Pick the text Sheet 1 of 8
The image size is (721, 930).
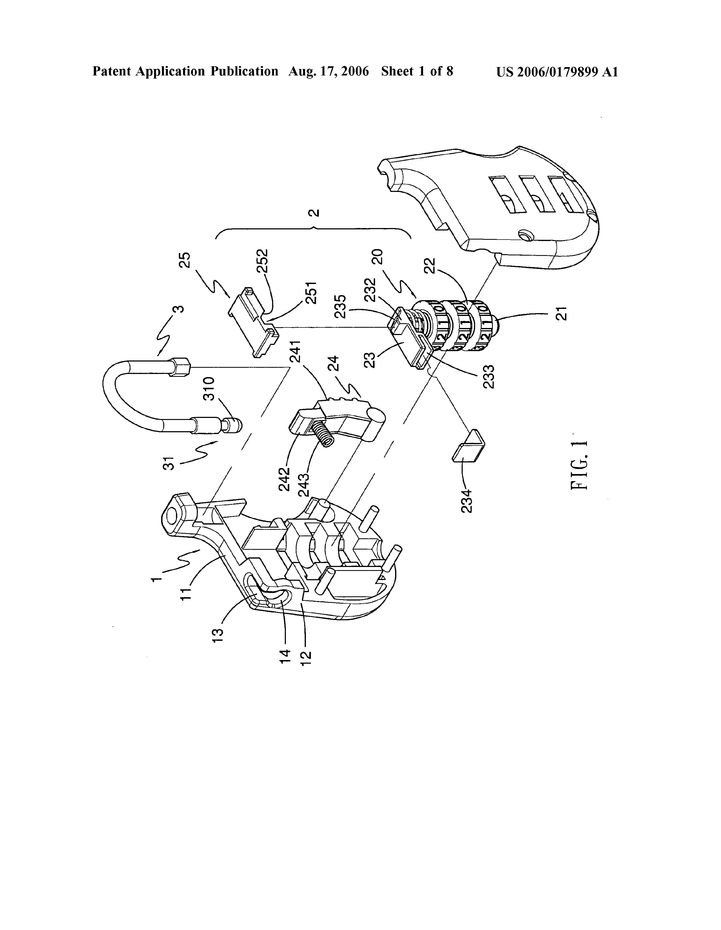tap(417, 72)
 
